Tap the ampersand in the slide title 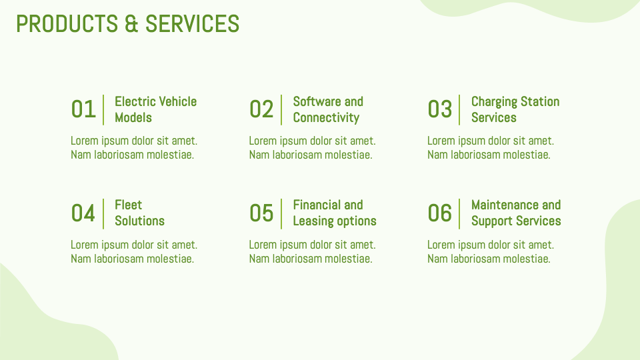click(x=131, y=24)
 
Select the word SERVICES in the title click(x=192, y=24)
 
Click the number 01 click(x=83, y=109)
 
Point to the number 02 click(x=261, y=109)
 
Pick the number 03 click(x=440, y=109)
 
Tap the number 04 click(x=83, y=213)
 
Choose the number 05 click(x=261, y=213)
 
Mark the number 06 click(x=440, y=213)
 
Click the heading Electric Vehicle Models click(x=155, y=109)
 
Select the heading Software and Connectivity click(x=327, y=109)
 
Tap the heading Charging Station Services click(x=515, y=109)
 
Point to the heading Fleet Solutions click(x=139, y=213)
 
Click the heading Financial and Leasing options click(x=334, y=213)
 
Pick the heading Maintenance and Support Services click(x=515, y=213)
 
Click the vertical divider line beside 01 click(x=103, y=109)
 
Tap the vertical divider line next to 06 click(x=459, y=213)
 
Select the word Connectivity click(x=326, y=118)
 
